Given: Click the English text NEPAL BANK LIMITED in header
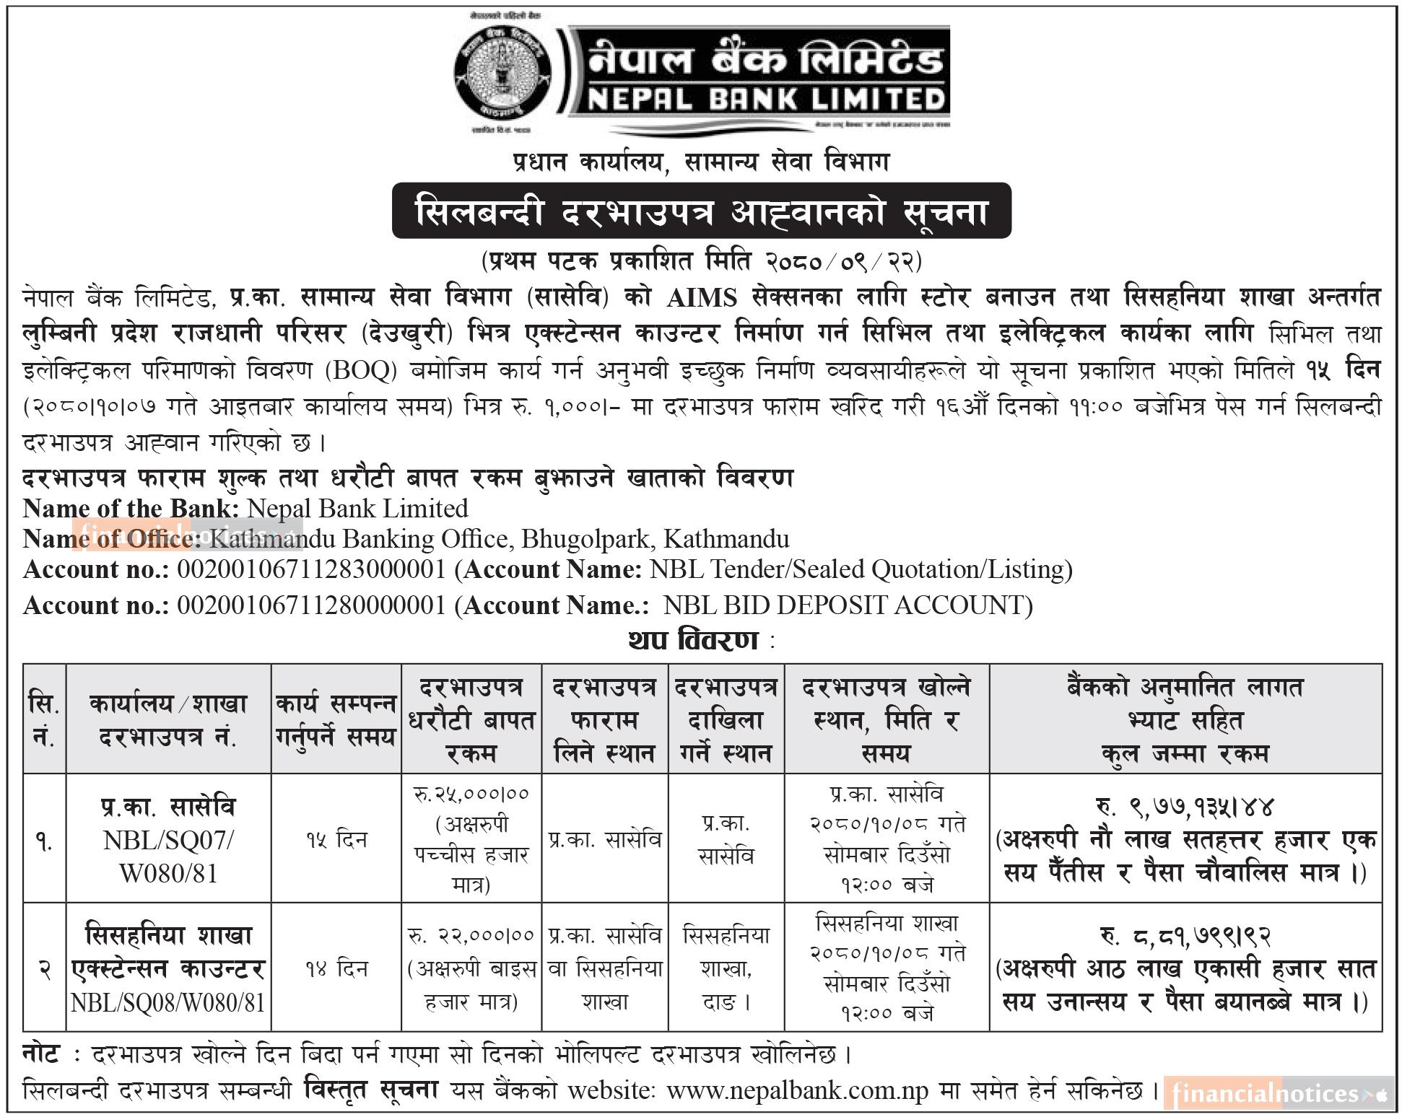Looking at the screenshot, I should tap(765, 99).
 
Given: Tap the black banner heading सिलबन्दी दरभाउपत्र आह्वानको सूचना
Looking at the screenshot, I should tap(701, 211).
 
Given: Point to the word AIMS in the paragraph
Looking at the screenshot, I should tap(702, 299).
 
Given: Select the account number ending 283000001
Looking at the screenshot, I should tap(311, 570).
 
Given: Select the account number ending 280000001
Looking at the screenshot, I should tap(311, 605).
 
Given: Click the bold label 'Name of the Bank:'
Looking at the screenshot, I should tap(131, 509).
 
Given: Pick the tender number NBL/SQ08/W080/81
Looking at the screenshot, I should tap(168, 1003).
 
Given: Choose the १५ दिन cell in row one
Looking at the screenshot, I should tap(336, 840).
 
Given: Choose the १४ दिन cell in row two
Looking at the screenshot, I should tap(336, 968).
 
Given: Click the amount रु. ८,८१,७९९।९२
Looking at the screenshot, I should tap(1185, 936).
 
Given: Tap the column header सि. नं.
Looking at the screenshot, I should tap(44, 719).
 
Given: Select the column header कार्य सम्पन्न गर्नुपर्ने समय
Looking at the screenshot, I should tap(336, 719).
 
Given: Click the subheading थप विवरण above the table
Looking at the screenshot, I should tap(692, 641).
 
